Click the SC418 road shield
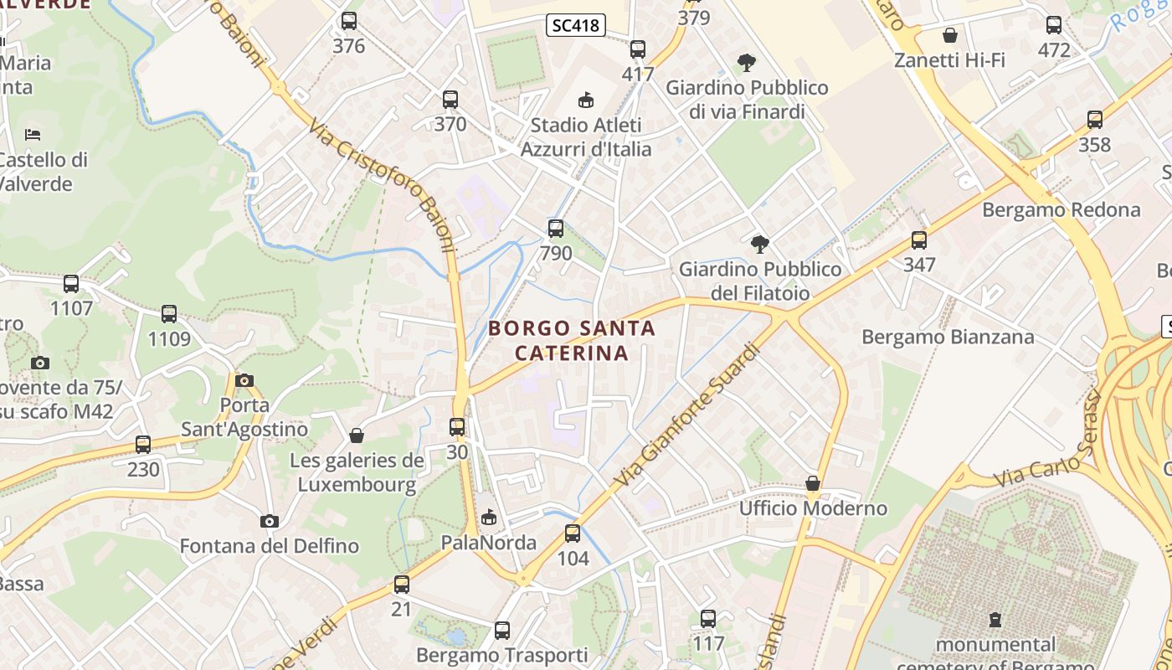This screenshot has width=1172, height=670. (x=576, y=25)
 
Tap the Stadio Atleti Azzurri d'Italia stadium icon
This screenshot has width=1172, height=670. (x=586, y=100)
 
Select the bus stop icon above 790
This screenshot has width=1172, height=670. (x=556, y=229)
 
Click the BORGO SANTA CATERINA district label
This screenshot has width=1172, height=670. (x=572, y=340)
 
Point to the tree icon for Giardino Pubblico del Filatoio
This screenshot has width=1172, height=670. (x=760, y=245)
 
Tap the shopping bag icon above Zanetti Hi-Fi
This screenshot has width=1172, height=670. (x=949, y=35)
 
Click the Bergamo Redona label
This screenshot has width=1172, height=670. (x=1061, y=209)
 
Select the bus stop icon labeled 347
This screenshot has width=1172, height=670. (x=919, y=240)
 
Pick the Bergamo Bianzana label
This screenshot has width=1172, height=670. (x=948, y=337)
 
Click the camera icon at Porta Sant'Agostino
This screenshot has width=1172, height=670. (x=244, y=380)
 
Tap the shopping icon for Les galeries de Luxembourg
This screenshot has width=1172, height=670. (x=357, y=435)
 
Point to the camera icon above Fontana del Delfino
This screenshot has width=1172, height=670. (x=269, y=521)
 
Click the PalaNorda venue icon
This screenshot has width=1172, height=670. (x=489, y=518)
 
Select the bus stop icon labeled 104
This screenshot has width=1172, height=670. (x=573, y=533)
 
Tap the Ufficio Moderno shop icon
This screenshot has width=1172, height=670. (x=812, y=483)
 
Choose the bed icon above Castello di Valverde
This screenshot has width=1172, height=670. (x=33, y=134)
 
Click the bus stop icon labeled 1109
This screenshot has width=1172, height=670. (x=169, y=314)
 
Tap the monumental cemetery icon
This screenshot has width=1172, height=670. (x=995, y=620)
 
